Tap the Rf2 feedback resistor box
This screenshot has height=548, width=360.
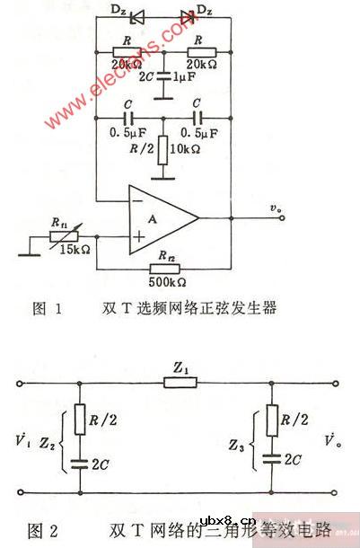coord(162,267)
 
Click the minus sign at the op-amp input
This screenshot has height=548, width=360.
coord(136,201)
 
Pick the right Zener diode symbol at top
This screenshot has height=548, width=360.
coord(187,15)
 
